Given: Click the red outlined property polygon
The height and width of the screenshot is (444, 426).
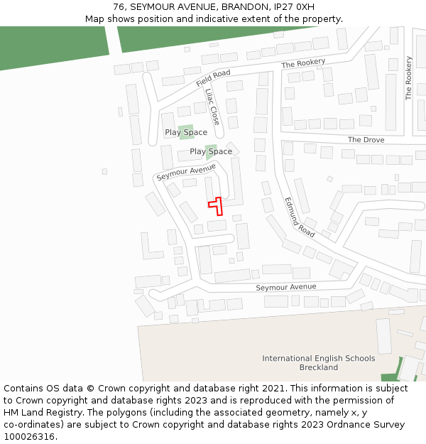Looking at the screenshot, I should tap(217, 205).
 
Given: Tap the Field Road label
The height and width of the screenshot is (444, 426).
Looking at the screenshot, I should tap(214, 78).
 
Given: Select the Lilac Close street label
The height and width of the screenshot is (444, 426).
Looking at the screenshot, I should tap(212, 106).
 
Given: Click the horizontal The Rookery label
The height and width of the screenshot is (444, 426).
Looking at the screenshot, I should tap(303, 64).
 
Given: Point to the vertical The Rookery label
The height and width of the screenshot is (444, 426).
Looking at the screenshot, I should tap(408, 78).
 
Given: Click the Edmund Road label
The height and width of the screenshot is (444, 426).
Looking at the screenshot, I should tap(300, 217).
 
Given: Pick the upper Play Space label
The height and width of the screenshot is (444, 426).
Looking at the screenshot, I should tap(186, 132).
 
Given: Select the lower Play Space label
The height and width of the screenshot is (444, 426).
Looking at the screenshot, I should tap(211, 151).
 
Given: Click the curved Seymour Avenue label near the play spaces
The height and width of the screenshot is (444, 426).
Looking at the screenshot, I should tap(186, 171).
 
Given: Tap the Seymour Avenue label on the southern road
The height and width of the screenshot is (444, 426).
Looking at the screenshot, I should tap(286, 287).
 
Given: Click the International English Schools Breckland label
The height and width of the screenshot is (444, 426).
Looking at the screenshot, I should tap(319, 362).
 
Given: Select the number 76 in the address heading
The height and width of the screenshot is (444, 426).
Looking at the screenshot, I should tap(119, 7).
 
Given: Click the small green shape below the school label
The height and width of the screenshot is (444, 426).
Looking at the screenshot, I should tap(390, 377).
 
